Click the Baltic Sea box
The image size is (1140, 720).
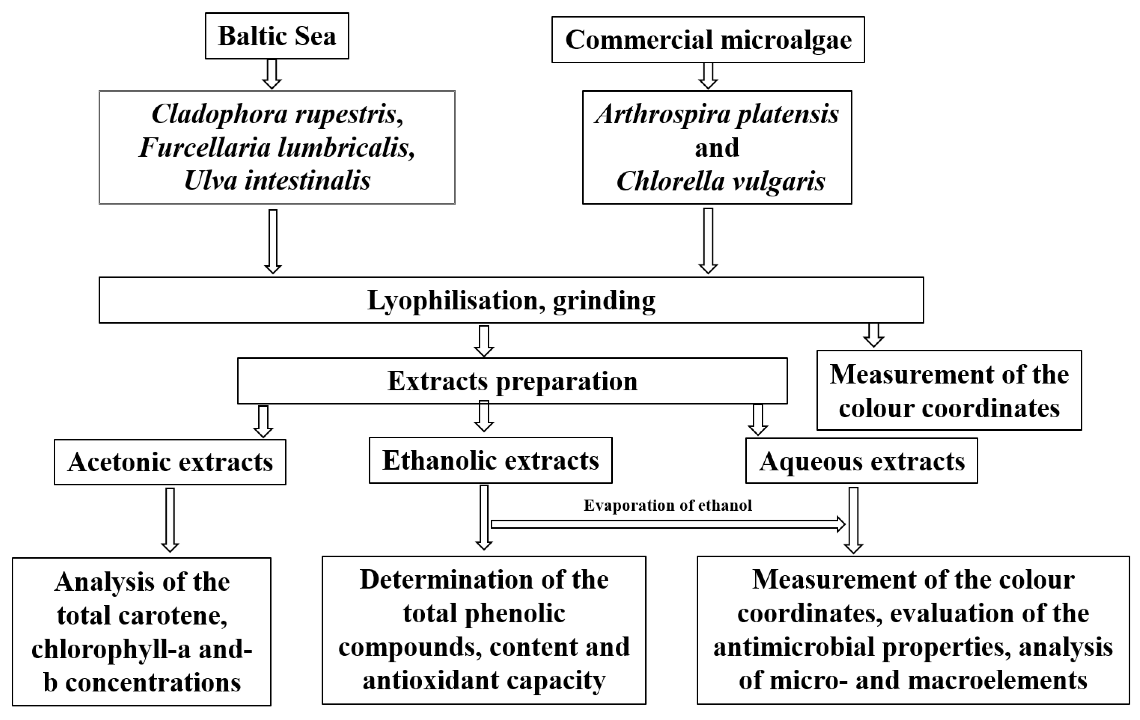click(x=277, y=36)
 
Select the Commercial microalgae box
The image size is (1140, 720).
click(x=708, y=40)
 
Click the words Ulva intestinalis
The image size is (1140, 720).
click(x=277, y=180)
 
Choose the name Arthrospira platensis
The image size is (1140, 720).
click(x=717, y=114)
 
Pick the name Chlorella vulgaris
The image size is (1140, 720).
click(x=720, y=181)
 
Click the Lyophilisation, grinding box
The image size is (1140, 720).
click(x=511, y=300)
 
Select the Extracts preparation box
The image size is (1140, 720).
click(x=512, y=381)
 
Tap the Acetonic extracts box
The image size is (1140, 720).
click(x=170, y=462)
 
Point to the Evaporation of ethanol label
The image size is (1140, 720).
click(x=667, y=505)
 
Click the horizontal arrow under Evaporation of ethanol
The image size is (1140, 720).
click(x=667, y=524)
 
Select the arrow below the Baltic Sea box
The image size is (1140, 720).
click(x=272, y=74)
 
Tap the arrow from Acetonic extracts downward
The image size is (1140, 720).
click(x=170, y=519)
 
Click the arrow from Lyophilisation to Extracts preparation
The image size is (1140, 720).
click(x=484, y=340)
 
